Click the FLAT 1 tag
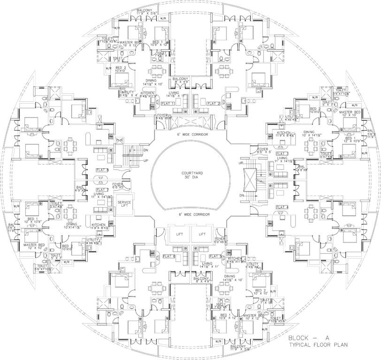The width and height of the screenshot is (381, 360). coord(168,103)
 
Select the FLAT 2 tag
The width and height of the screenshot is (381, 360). coord(213,103)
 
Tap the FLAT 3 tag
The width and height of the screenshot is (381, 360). coord(282,154)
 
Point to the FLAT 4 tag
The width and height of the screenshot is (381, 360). coord(282,207)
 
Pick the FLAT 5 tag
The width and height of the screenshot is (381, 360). coord(214,256)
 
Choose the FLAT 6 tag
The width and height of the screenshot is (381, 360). coord(168,256)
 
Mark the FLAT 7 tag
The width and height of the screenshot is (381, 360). coord(102,189)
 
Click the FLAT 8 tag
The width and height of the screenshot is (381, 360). coord(102,170)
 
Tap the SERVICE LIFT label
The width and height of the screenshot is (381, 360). coord(124,204)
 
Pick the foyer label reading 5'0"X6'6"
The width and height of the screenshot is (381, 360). coord(220,242)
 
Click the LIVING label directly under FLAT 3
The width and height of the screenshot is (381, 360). coord(282,159)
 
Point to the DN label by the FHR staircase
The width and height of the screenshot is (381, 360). coord(146,150)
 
